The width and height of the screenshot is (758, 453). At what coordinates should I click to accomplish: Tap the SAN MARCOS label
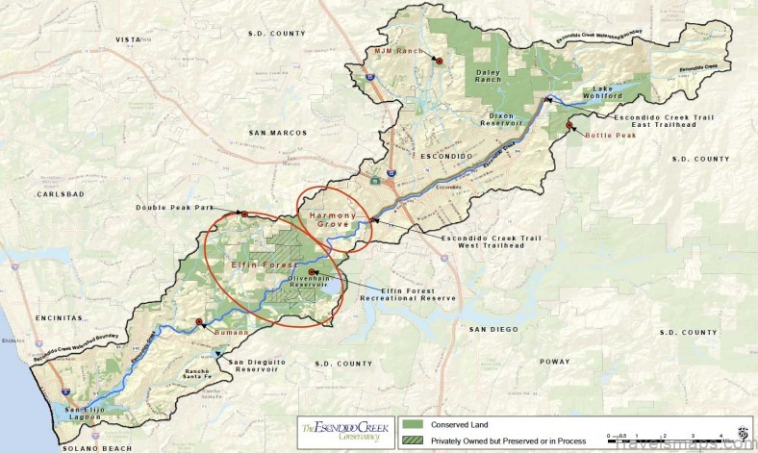[273, 132]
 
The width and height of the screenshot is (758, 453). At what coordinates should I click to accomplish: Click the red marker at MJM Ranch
[439, 60]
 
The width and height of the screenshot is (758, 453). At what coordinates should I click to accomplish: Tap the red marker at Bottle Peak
[569, 125]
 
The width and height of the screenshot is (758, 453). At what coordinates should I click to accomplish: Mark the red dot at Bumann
[199, 321]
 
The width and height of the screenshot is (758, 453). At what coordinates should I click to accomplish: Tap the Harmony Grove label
[332, 219]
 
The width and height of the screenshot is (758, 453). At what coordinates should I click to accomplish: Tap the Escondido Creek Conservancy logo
[340, 431]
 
